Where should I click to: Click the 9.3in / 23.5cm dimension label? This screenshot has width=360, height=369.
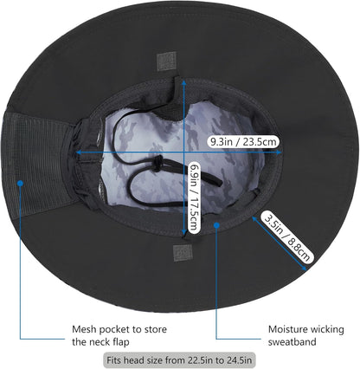click(x=243, y=142)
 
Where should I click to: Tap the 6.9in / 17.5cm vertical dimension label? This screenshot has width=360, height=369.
click(x=195, y=197)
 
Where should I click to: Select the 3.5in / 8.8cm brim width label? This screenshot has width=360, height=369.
click(x=286, y=236)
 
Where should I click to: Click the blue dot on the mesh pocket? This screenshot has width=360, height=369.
click(x=20, y=183)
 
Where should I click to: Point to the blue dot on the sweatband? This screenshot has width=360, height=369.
click(x=216, y=224)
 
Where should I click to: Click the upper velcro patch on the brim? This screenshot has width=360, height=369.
click(x=167, y=61)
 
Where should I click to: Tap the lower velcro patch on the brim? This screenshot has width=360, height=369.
click(x=183, y=253)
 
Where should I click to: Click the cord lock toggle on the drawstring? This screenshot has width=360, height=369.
click(x=157, y=164)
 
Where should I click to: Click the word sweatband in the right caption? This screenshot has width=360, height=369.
click(x=292, y=342)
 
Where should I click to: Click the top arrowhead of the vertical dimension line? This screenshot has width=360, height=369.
click(x=183, y=83)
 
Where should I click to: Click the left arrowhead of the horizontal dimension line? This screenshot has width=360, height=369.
click(x=79, y=152)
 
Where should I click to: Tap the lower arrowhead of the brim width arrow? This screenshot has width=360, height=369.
click(x=304, y=268)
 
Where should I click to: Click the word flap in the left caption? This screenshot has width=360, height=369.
click(x=119, y=342)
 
